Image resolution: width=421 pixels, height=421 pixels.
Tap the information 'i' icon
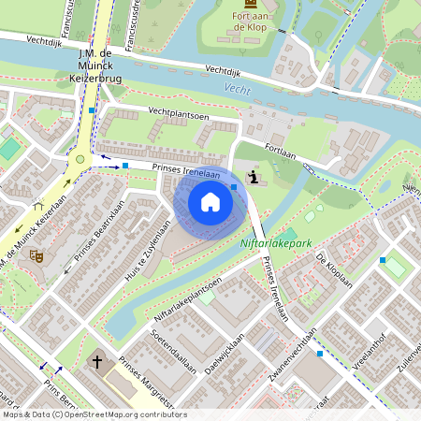point(254,177)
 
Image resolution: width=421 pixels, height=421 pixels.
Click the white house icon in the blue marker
point(210,202)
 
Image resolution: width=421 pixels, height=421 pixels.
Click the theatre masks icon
point(36,254)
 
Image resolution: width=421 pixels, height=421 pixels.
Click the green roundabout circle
point(80,159)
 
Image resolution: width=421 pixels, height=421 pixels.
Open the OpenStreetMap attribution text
point(94,414)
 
